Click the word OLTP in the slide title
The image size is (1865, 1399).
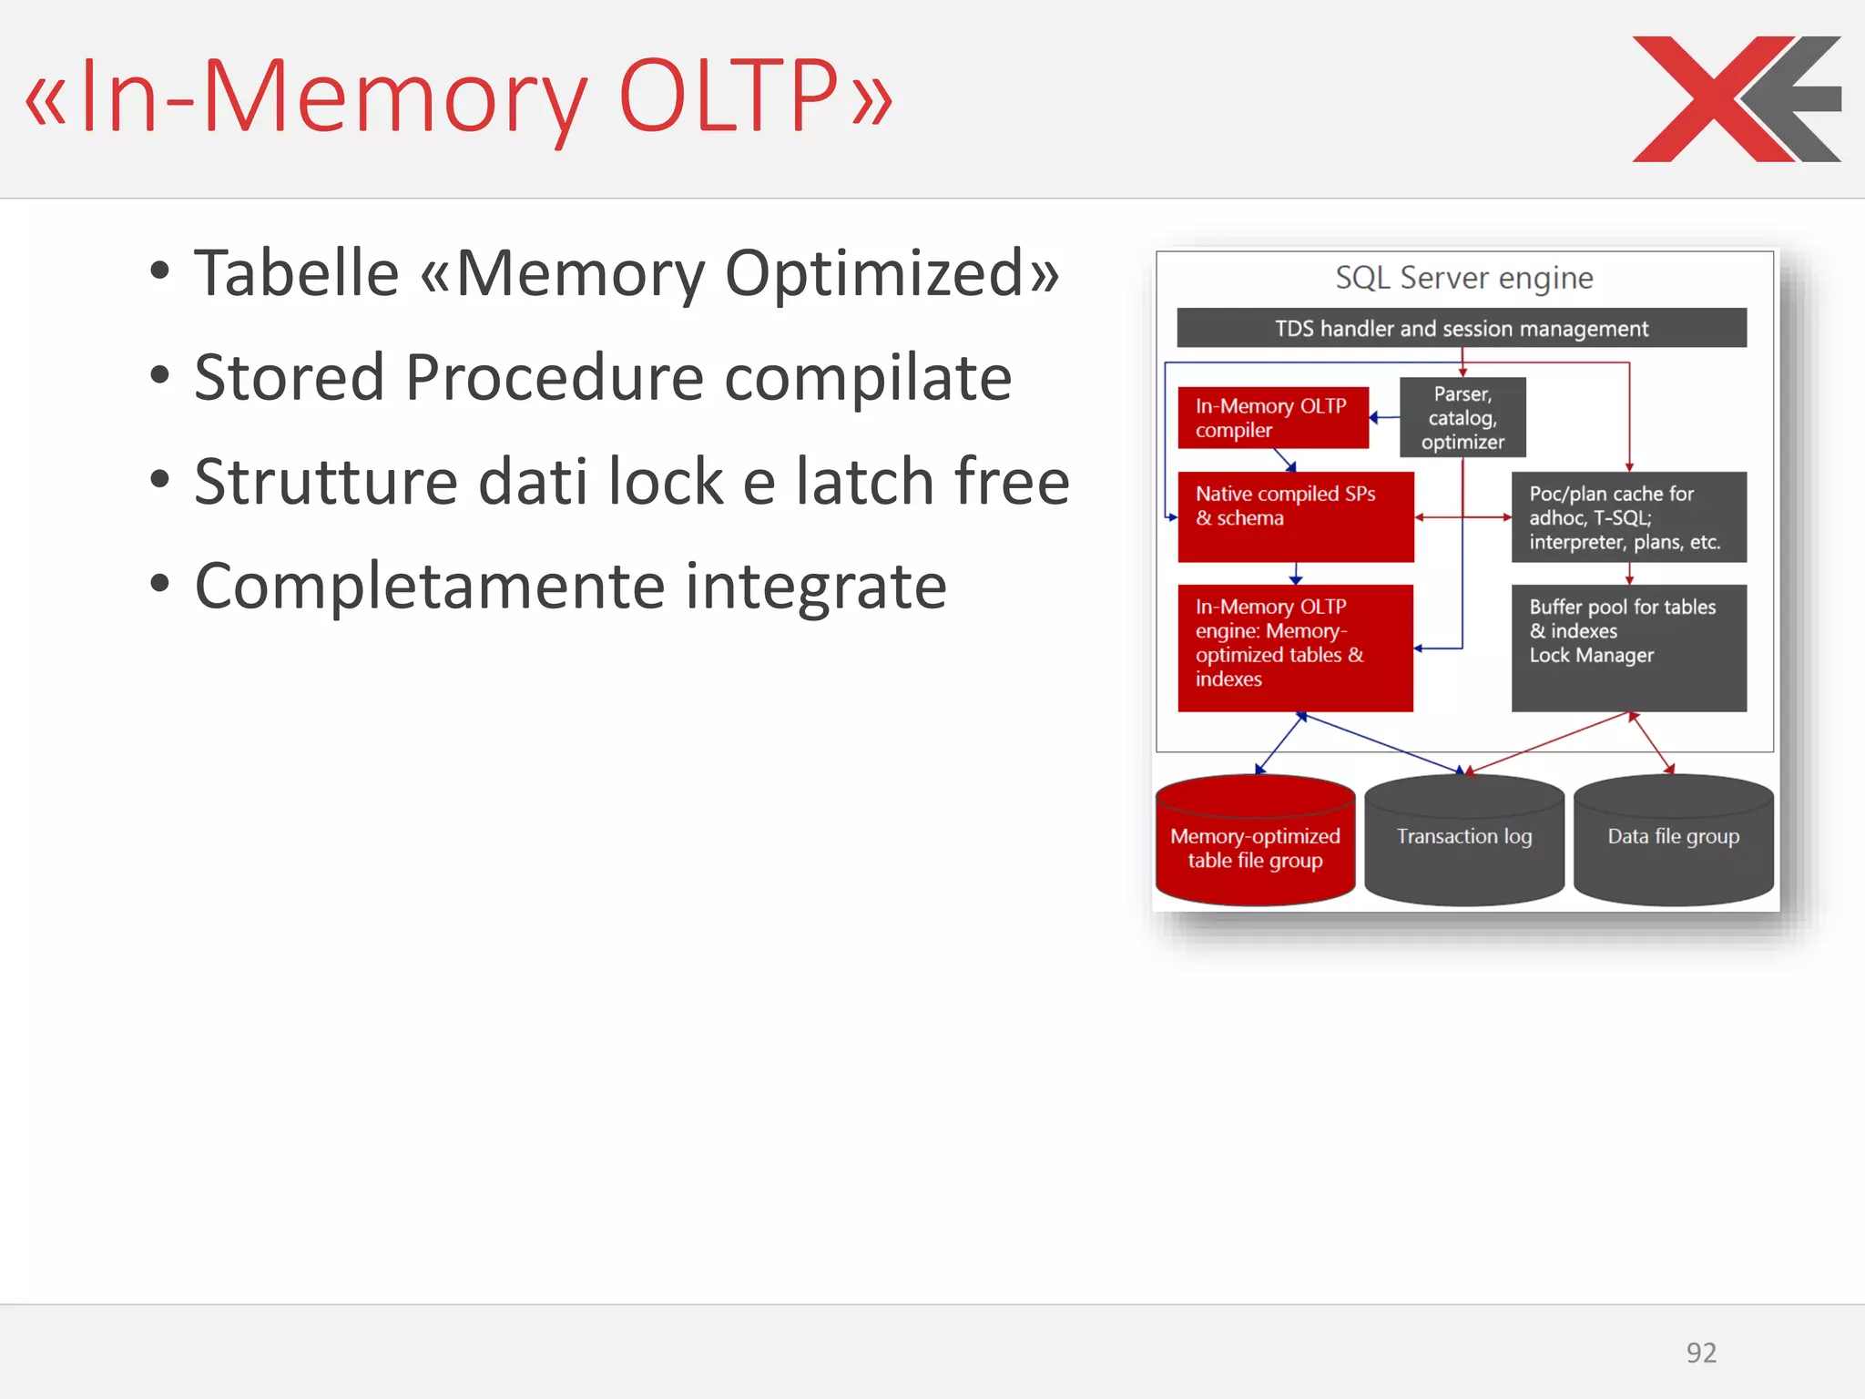pos(727,97)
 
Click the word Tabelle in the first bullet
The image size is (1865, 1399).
pos(296,273)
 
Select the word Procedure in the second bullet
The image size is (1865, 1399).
pos(554,378)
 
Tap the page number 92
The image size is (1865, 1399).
pos(1700,1353)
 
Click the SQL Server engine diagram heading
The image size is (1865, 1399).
pos(1463,278)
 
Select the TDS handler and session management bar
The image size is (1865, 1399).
pos(1461,328)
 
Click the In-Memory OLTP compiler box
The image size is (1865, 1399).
pos(1272,418)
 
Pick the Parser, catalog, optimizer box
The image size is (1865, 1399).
pos(1462,418)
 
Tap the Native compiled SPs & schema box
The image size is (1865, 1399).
pos(1295,516)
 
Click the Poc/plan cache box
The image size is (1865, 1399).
pos(1628,516)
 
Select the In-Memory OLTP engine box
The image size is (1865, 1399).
pos(1295,647)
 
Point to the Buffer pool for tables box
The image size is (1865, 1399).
pos(1628,647)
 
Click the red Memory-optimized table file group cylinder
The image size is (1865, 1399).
pos(1255,842)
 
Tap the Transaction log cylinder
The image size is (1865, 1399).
pos(1463,842)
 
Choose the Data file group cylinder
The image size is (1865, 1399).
pos(1673,842)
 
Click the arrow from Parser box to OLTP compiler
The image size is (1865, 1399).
pos(1384,417)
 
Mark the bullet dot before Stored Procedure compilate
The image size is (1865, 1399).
pos(160,375)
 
